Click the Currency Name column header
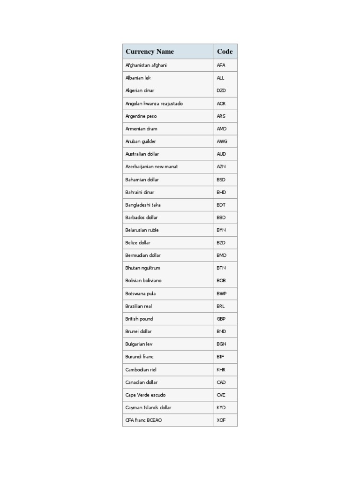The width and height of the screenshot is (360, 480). tap(150, 52)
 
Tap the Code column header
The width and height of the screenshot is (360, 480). tap(225, 52)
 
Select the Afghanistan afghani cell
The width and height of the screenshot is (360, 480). tap(146, 65)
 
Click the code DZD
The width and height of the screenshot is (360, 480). tap(221, 90)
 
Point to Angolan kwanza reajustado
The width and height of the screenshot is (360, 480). tap(154, 104)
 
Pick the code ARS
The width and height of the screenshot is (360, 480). tap(221, 116)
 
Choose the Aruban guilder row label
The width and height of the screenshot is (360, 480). tap(141, 142)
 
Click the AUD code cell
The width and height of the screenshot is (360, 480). tap(221, 154)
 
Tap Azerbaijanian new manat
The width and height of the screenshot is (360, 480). tap(151, 167)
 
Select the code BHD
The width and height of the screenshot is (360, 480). tap(221, 192)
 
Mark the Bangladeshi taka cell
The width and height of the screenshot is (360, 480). tap(143, 205)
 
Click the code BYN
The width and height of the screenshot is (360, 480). tap(221, 230)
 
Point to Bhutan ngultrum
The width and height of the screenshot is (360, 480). tap(142, 268)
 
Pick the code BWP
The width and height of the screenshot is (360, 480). tap(222, 293)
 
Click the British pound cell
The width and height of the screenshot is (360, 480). tap(139, 319)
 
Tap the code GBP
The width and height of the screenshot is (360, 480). tap(221, 319)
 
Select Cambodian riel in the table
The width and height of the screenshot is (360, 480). tap(141, 370)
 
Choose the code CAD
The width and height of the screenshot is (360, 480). tap(221, 382)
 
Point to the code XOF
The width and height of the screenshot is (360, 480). tap(221, 420)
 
